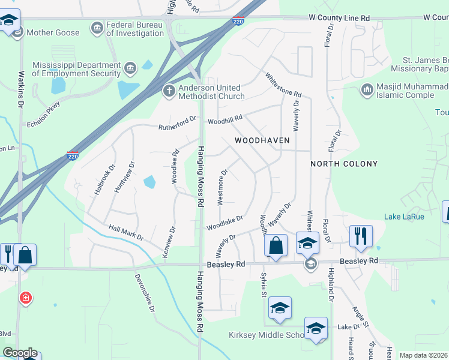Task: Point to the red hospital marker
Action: (x=25, y=298)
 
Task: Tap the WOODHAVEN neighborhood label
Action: (x=262, y=140)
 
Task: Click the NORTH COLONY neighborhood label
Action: (x=344, y=164)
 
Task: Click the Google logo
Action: (x=20, y=353)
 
